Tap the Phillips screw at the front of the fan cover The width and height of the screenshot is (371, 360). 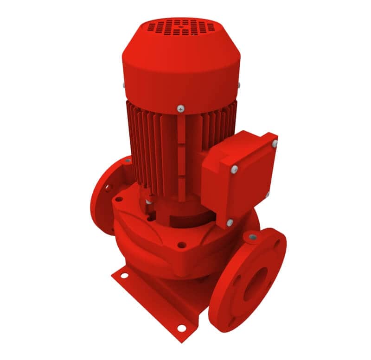pos(180,108)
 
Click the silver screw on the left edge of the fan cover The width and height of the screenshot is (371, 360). pos(123,85)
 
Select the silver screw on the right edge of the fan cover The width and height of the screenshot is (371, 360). pos(239,85)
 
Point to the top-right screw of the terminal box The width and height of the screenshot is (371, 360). pos(275,144)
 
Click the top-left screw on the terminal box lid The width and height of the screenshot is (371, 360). pos(235,169)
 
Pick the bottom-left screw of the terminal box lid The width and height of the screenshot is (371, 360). pos(230,223)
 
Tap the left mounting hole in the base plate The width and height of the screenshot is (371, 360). pos(124,276)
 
